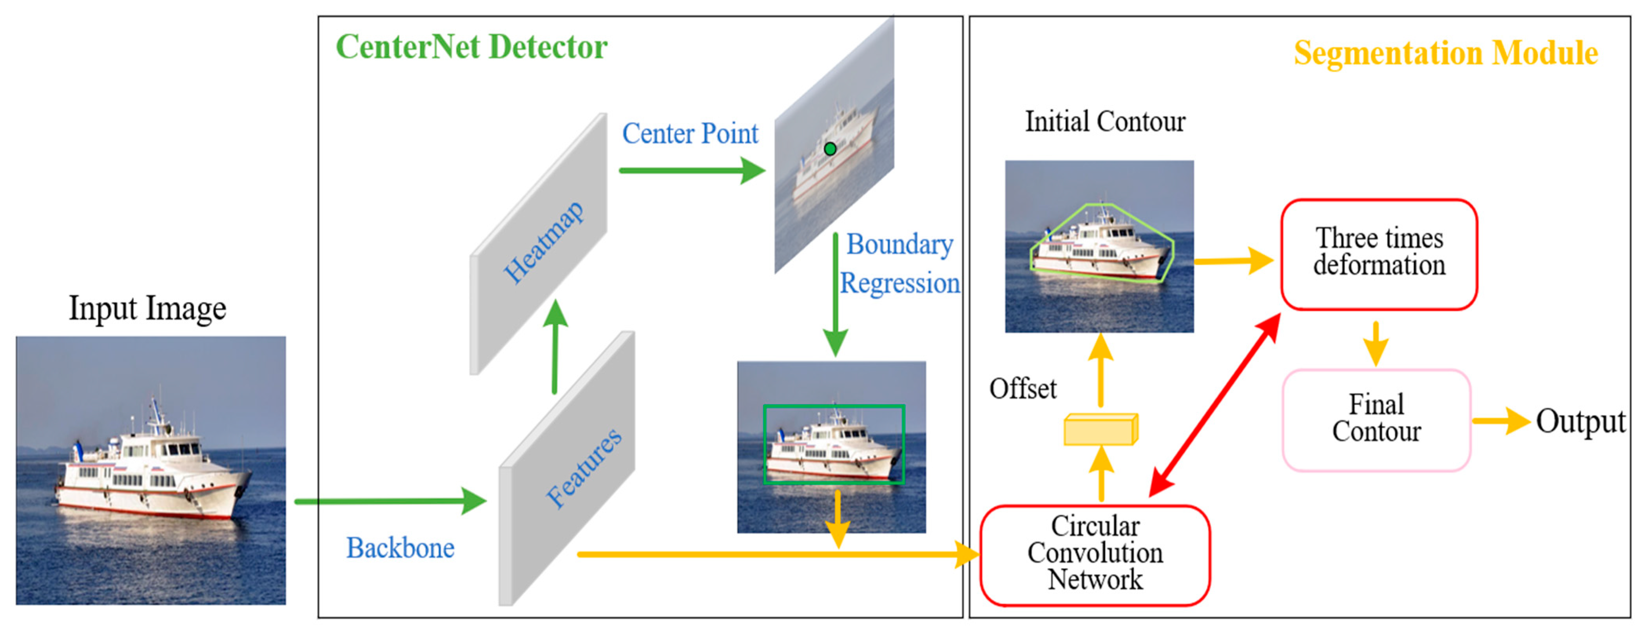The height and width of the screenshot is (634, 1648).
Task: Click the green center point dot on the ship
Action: [830, 149]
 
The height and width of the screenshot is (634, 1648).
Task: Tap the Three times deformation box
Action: [1379, 254]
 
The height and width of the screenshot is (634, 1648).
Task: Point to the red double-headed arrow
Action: [1215, 404]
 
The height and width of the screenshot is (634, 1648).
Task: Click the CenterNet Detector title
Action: [471, 47]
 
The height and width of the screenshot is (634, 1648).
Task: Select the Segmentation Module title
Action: [1446, 53]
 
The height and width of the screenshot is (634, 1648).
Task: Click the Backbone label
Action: [401, 548]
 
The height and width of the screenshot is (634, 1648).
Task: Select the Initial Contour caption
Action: [1105, 121]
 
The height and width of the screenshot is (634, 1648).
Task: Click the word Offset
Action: [1023, 388]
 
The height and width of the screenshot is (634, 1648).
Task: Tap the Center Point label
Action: [690, 134]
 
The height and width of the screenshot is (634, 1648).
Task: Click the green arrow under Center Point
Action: [692, 170]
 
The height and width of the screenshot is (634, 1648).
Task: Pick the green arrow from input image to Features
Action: [390, 501]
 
